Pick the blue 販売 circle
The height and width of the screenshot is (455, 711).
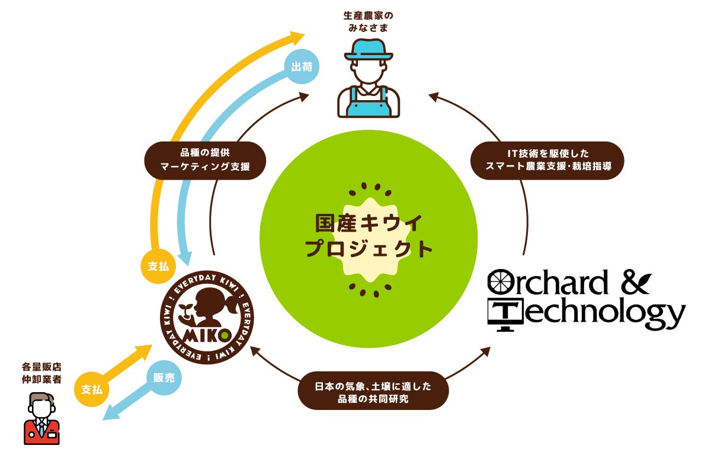coord(164,377)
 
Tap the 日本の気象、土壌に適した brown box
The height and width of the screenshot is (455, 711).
coord(373,391)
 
